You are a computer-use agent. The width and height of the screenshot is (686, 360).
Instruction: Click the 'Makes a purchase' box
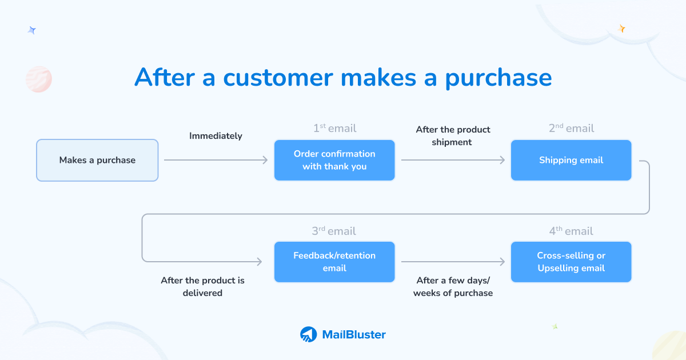point(97,161)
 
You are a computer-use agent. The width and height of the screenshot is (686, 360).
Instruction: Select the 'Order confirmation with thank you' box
point(334,161)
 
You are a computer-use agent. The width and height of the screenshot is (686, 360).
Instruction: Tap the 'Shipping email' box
point(571,161)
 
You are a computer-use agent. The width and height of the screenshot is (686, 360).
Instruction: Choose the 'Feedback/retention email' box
point(334,262)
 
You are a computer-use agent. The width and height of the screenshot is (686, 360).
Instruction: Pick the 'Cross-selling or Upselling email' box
point(571,262)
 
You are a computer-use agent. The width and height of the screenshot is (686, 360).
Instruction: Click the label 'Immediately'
point(216,136)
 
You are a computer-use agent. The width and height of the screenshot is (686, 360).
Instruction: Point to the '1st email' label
point(334,129)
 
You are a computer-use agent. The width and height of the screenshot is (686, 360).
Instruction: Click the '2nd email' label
point(571,129)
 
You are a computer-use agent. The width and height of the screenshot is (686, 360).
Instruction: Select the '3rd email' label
point(334,231)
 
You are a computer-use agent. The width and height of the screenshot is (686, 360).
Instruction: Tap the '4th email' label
point(571,231)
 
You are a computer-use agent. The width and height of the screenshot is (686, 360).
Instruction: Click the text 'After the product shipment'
point(453,136)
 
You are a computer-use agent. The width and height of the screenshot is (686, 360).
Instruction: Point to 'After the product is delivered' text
point(202,287)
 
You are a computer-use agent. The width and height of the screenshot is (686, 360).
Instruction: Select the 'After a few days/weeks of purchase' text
point(453,287)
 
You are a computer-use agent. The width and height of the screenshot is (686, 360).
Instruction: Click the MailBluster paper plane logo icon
point(309,334)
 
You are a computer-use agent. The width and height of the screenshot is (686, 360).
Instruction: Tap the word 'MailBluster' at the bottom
point(354,335)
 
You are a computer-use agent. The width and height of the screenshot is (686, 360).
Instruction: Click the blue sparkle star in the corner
point(32,30)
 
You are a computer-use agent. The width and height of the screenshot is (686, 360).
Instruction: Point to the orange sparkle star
point(622,28)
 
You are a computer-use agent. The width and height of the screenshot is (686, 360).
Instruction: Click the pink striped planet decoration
point(39,79)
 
